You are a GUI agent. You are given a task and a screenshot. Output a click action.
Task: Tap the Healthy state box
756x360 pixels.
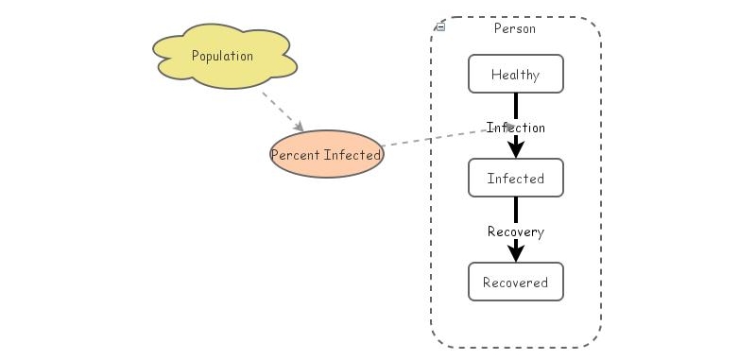pos(516,75)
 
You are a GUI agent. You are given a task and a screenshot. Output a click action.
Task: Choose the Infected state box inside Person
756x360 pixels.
pos(516,179)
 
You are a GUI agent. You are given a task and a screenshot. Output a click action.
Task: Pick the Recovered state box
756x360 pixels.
pos(516,283)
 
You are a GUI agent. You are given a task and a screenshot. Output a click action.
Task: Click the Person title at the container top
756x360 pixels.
pos(515,28)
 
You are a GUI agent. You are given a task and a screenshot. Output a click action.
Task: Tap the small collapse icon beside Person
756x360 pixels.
pos(440,27)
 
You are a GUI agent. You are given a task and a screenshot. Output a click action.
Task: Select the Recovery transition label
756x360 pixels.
pos(516,231)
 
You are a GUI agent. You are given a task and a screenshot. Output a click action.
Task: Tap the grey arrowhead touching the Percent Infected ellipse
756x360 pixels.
pos(298,127)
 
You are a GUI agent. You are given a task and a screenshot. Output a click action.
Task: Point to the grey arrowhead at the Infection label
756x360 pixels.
pos(509,127)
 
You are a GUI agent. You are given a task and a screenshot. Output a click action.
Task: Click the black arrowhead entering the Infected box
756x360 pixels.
pos(516,148)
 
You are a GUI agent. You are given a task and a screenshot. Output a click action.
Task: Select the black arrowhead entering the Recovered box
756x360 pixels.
pos(516,252)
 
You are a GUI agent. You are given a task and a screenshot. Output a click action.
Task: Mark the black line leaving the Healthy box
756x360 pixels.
pos(516,104)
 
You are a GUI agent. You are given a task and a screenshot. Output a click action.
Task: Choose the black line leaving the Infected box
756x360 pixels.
pos(516,210)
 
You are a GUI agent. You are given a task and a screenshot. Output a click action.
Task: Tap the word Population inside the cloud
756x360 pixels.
pos(223,56)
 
